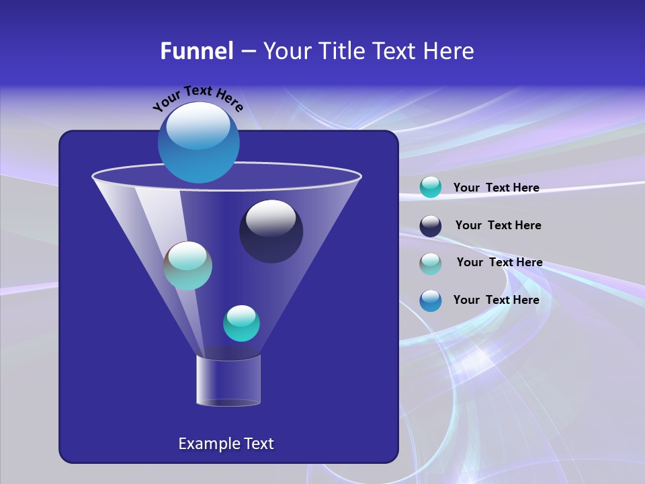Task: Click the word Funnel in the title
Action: (196, 51)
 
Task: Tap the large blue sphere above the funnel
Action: (199, 143)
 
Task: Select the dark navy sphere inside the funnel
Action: (271, 231)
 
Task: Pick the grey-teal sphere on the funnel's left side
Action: (187, 266)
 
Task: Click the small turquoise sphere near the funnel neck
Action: (241, 323)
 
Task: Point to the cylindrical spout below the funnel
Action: (228, 380)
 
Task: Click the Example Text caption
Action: (226, 444)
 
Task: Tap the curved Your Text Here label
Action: (198, 97)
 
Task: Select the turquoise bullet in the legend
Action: (431, 187)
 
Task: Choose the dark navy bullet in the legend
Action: (431, 226)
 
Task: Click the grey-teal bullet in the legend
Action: (431, 263)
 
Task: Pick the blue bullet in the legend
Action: (431, 300)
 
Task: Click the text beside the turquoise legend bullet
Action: (496, 188)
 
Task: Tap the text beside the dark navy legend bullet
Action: (498, 225)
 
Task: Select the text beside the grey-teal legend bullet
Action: (499, 262)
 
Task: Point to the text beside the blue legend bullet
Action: (496, 300)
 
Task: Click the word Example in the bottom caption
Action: (209, 444)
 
